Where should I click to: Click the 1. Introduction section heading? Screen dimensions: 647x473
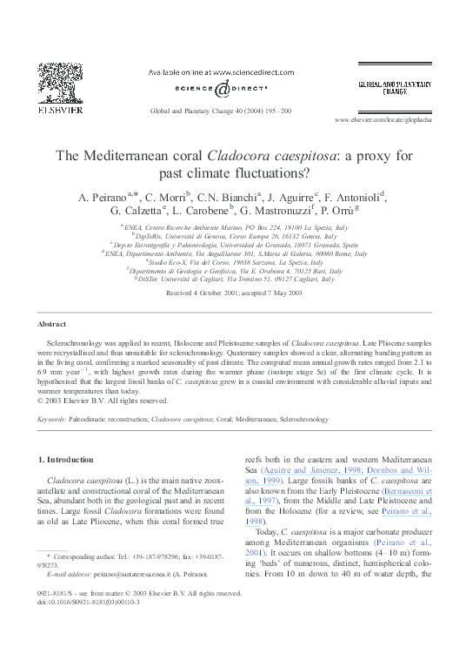pos(68,459)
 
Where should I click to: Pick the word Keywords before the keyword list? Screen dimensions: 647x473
pos(52,420)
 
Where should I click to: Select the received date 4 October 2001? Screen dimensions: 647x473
pos(211,293)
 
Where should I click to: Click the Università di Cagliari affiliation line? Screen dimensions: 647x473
pos(236,280)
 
